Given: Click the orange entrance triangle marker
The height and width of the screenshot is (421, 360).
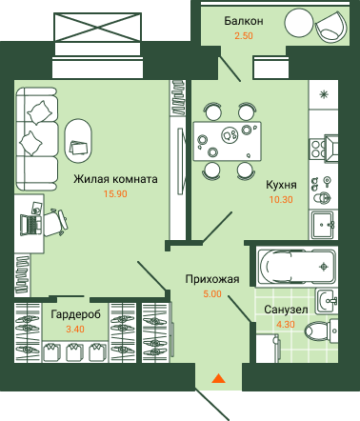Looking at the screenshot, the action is coord(218,378).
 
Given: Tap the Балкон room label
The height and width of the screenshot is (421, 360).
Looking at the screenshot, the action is coord(244,21).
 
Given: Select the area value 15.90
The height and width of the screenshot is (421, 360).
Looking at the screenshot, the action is coord(115,193).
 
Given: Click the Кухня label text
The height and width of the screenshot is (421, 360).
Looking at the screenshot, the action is coord(281,185).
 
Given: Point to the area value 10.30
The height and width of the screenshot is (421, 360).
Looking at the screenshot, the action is coord(281,200).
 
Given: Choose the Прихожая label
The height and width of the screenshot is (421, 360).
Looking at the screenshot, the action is coord(212,279).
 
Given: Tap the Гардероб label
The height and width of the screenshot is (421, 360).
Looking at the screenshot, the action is coord(75,314).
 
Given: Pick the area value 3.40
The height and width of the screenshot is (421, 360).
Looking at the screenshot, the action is coord(75,330).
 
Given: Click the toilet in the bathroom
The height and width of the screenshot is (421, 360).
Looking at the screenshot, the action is coord(321,331).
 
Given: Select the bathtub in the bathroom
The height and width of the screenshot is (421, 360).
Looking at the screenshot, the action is coord(296,266).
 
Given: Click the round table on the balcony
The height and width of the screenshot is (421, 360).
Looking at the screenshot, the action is coord(298,23).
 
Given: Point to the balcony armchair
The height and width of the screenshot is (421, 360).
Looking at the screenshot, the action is coord(331,26).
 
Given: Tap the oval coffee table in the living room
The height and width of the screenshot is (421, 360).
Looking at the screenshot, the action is coord(78,140).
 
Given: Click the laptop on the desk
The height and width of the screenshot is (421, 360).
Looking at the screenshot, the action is coord(31,224).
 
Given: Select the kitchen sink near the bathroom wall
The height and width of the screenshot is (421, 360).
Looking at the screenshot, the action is coord(322,225).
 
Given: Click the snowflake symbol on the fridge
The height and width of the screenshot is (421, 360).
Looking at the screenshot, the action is coord(324,94).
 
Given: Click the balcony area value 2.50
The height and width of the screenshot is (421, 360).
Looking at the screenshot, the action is coord(244,35).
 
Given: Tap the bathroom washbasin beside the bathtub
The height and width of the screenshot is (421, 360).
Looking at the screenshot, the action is coord(327,302).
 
